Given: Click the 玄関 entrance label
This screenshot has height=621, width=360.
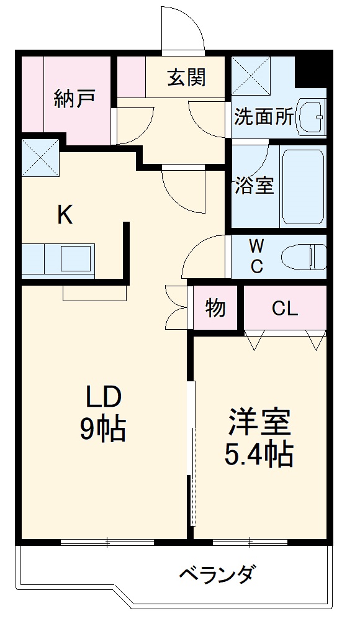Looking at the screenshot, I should (186, 79).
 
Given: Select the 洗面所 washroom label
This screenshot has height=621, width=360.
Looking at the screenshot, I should (264, 117).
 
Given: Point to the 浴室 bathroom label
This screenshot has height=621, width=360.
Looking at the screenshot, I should (254, 185).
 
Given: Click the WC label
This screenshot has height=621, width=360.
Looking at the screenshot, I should (256, 255).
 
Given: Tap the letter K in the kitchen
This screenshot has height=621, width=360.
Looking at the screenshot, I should (65, 215).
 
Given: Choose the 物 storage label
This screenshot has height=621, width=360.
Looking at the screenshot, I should (215, 308).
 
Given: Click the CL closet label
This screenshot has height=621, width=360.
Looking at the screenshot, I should (285, 308).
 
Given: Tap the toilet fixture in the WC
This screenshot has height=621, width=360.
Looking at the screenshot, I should (304, 256).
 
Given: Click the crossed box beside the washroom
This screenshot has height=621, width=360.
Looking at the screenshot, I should (251, 75).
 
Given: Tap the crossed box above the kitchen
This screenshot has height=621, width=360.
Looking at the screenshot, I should (40, 157).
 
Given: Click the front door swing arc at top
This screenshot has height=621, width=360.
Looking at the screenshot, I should (184, 28).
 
